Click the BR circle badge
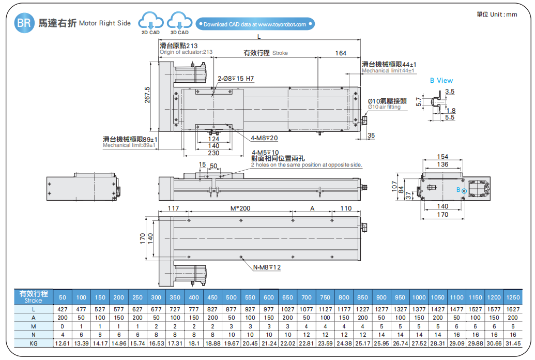tap(24, 23)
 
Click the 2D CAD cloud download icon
tap(150, 22)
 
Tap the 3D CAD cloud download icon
tap(179, 22)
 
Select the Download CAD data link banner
tap(255, 24)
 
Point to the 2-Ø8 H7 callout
tap(236, 79)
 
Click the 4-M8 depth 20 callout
tap(264, 138)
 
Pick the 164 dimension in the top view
tap(341, 53)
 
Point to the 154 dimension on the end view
tap(442, 157)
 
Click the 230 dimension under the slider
tap(213, 153)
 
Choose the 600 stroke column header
tap(269, 297)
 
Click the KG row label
tap(34, 343)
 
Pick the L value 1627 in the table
tap(513, 309)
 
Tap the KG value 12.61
tap(63, 343)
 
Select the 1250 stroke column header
tap(513, 297)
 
